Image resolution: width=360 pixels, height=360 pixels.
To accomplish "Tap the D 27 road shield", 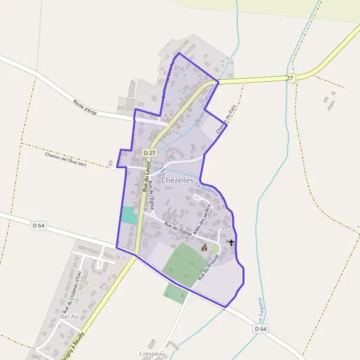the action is (x=149, y=154).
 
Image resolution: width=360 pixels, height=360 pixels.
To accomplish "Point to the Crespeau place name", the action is (x=151, y=355).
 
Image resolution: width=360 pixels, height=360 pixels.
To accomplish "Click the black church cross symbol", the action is (x=232, y=243).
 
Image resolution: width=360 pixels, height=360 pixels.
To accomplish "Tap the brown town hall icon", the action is (x=204, y=247).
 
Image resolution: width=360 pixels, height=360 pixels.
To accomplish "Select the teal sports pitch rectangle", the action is (x=128, y=215).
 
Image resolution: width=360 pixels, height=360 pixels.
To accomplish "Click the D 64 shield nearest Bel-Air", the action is (x=38, y=225).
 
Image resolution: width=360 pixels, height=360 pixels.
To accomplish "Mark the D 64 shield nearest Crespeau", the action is (x=260, y=329).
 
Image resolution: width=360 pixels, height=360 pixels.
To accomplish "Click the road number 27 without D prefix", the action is (x=290, y=78).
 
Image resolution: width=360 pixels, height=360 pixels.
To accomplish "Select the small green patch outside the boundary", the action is (x=176, y=293).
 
